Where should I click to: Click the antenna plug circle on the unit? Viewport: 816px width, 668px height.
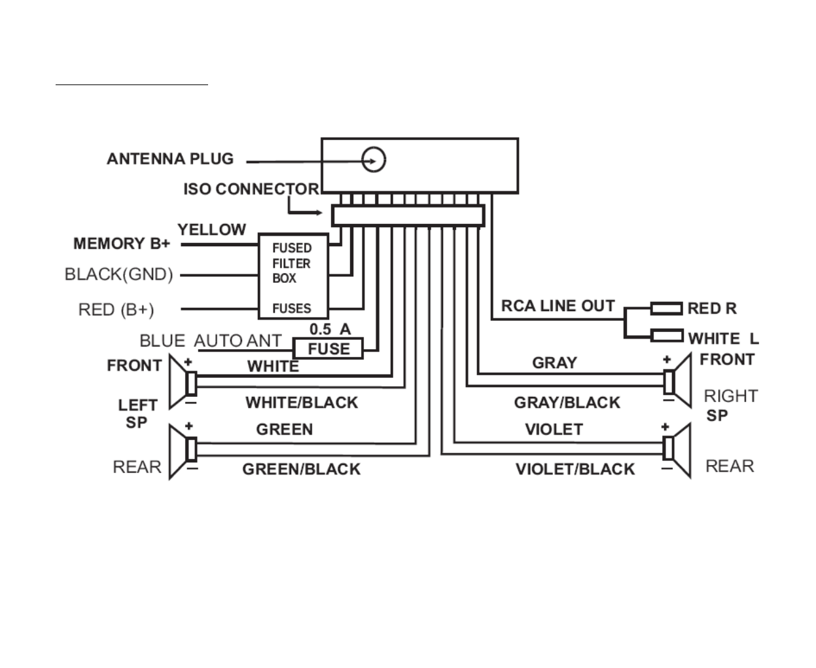click(374, 160)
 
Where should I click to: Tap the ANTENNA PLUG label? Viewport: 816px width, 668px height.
click(170, 159)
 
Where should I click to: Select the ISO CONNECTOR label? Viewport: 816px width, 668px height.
click(251, 189)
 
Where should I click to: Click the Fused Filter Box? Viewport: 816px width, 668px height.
click(293, 276)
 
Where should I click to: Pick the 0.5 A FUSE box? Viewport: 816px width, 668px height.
click(328, 348)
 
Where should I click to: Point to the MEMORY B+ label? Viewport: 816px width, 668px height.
click(122, 244)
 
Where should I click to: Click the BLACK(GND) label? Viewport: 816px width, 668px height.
click(118, 274)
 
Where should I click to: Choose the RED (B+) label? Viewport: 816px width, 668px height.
click(116, 309)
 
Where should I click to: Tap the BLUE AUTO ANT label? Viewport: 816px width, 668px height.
click(210, 341)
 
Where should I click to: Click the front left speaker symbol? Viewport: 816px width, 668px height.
click(183, 382)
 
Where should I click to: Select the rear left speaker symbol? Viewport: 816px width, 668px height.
click(183, 451)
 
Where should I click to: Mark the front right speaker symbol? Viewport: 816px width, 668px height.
click(678, 380)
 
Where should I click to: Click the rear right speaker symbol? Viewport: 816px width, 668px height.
click(678, 450)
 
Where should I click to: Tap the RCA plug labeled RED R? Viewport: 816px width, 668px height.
click(667, 308)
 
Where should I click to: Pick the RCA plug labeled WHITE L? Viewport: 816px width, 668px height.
click(667, 336)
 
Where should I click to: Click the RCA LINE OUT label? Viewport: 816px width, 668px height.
click(558, 306)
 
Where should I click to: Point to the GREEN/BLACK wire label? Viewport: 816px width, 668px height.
click(301, 469)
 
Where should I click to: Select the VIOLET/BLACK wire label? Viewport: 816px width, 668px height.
click(575, 469)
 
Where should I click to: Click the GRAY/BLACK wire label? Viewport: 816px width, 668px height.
click(567, 402)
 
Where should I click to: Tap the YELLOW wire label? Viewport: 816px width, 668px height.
click(211, 229)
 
